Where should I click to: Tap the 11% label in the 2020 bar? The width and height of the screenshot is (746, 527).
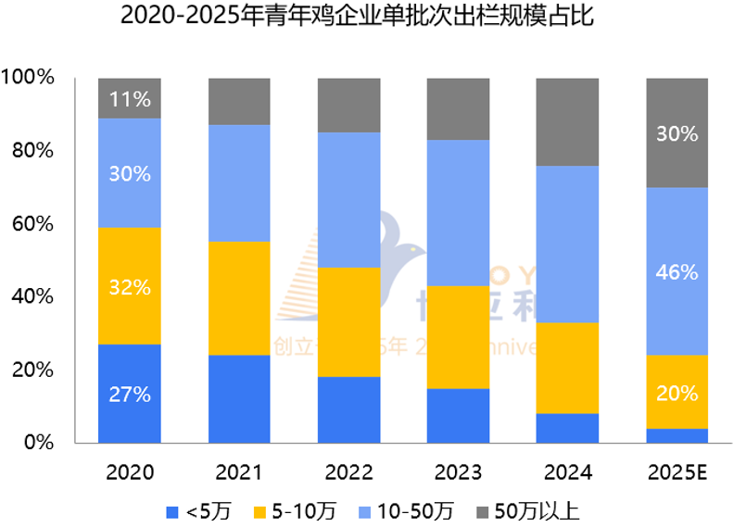coord(130,99)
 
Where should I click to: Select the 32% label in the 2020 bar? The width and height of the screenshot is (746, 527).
coord(130,287)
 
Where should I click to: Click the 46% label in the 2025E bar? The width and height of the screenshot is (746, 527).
coord(676,272)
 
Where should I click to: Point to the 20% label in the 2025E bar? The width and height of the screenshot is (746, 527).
coord(676,394)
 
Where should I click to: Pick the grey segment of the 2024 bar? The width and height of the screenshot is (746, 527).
coord(567,121)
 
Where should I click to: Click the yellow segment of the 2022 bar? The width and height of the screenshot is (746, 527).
coord(348,322)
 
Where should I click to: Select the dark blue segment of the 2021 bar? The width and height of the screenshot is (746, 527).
coord(239,399)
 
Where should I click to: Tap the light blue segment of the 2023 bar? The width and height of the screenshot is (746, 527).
coord(458,213)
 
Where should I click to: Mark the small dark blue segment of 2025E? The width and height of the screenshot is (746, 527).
coord(676,435)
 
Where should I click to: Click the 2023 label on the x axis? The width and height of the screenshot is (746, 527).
coord(458,473)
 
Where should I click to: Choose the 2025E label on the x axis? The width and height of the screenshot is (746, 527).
coord(676,473)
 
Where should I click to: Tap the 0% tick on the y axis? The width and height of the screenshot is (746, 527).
coord(40,443)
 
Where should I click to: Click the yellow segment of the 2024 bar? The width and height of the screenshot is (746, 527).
coord(567,368)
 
